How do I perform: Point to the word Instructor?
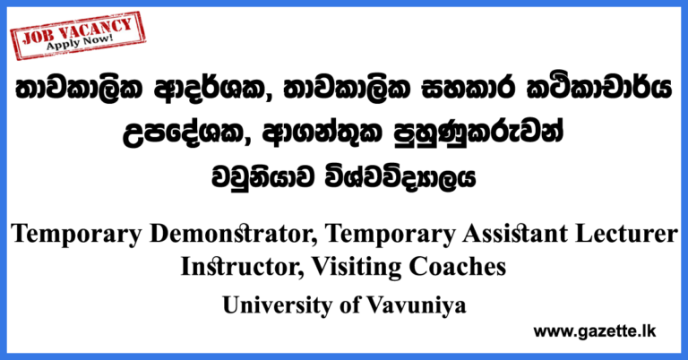click(x=236, y=266)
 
